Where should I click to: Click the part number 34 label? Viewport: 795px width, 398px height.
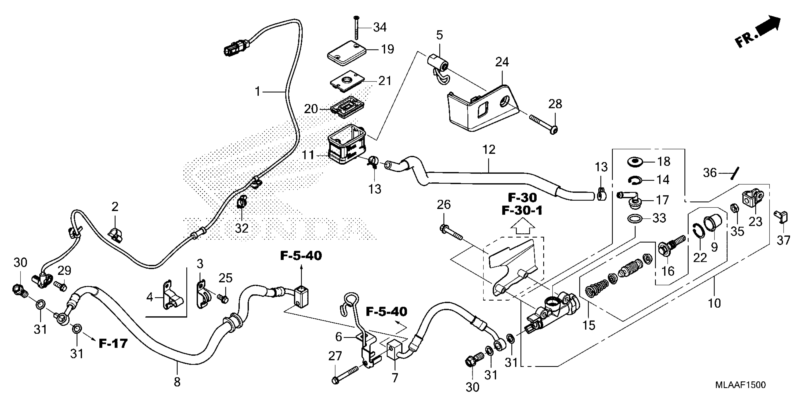[379, 27]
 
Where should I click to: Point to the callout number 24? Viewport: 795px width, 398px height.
[502, 62]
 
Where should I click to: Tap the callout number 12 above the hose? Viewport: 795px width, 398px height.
[488, 150]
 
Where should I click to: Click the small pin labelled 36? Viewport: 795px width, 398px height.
[735, 173]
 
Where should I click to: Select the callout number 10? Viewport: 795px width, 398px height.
[714, 303]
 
